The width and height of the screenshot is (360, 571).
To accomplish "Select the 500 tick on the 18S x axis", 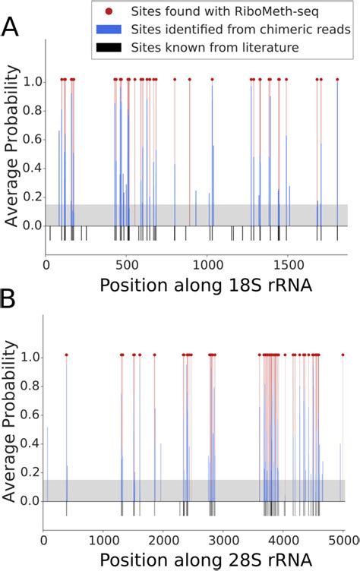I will (x=127, y=266).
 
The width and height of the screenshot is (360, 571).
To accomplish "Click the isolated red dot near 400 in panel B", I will (x=67, y=355).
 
